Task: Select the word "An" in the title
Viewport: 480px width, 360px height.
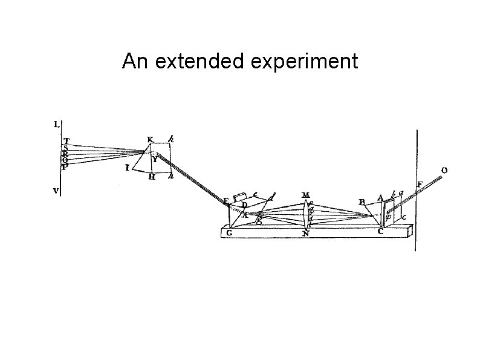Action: point(134,61)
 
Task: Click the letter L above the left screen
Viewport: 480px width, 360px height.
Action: point(56,125)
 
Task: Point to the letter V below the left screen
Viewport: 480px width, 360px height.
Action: point(56,190)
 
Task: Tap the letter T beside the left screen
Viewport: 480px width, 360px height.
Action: point(66,141)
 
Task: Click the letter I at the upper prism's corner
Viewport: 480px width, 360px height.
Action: point(128,168)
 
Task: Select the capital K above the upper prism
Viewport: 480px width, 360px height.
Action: point(150,139)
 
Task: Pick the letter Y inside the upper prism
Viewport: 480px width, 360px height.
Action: point(155,160)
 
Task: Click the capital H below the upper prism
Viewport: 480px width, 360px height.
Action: point(152,177)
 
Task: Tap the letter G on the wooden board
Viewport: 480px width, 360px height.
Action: point(229,232)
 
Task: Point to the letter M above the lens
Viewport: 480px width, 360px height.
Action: point(306,195)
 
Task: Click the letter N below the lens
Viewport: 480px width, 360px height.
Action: point(306,233)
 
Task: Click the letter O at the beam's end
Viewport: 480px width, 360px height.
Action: point(444,171)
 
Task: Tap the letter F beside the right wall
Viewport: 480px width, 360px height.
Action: point(420,184)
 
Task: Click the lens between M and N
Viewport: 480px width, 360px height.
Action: point(306,214)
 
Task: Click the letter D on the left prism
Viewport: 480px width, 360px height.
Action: point(244,205)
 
